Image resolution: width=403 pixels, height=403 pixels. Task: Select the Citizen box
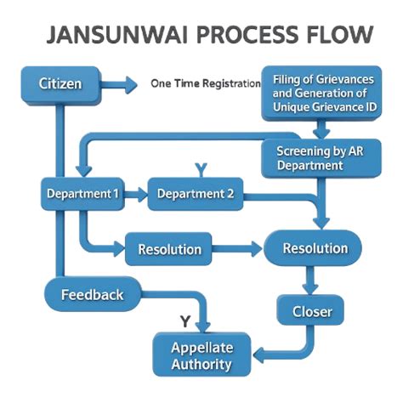(x=58, y=84)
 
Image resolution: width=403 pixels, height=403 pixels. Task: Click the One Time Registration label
(x=204, y=84)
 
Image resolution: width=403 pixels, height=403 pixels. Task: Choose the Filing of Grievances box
(x=319, y=93)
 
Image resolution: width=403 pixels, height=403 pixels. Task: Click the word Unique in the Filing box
(x=299, y=108)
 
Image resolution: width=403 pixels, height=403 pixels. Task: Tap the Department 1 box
(x=82, y=194)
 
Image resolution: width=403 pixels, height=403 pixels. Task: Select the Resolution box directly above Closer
(x=315, y=248)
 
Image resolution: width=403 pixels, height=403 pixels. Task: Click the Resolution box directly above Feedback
(x=169, y=250)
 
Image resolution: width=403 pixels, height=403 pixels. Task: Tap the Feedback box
(x=93, y=295)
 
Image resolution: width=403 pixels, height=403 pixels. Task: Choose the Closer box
(x=312, y=311)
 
